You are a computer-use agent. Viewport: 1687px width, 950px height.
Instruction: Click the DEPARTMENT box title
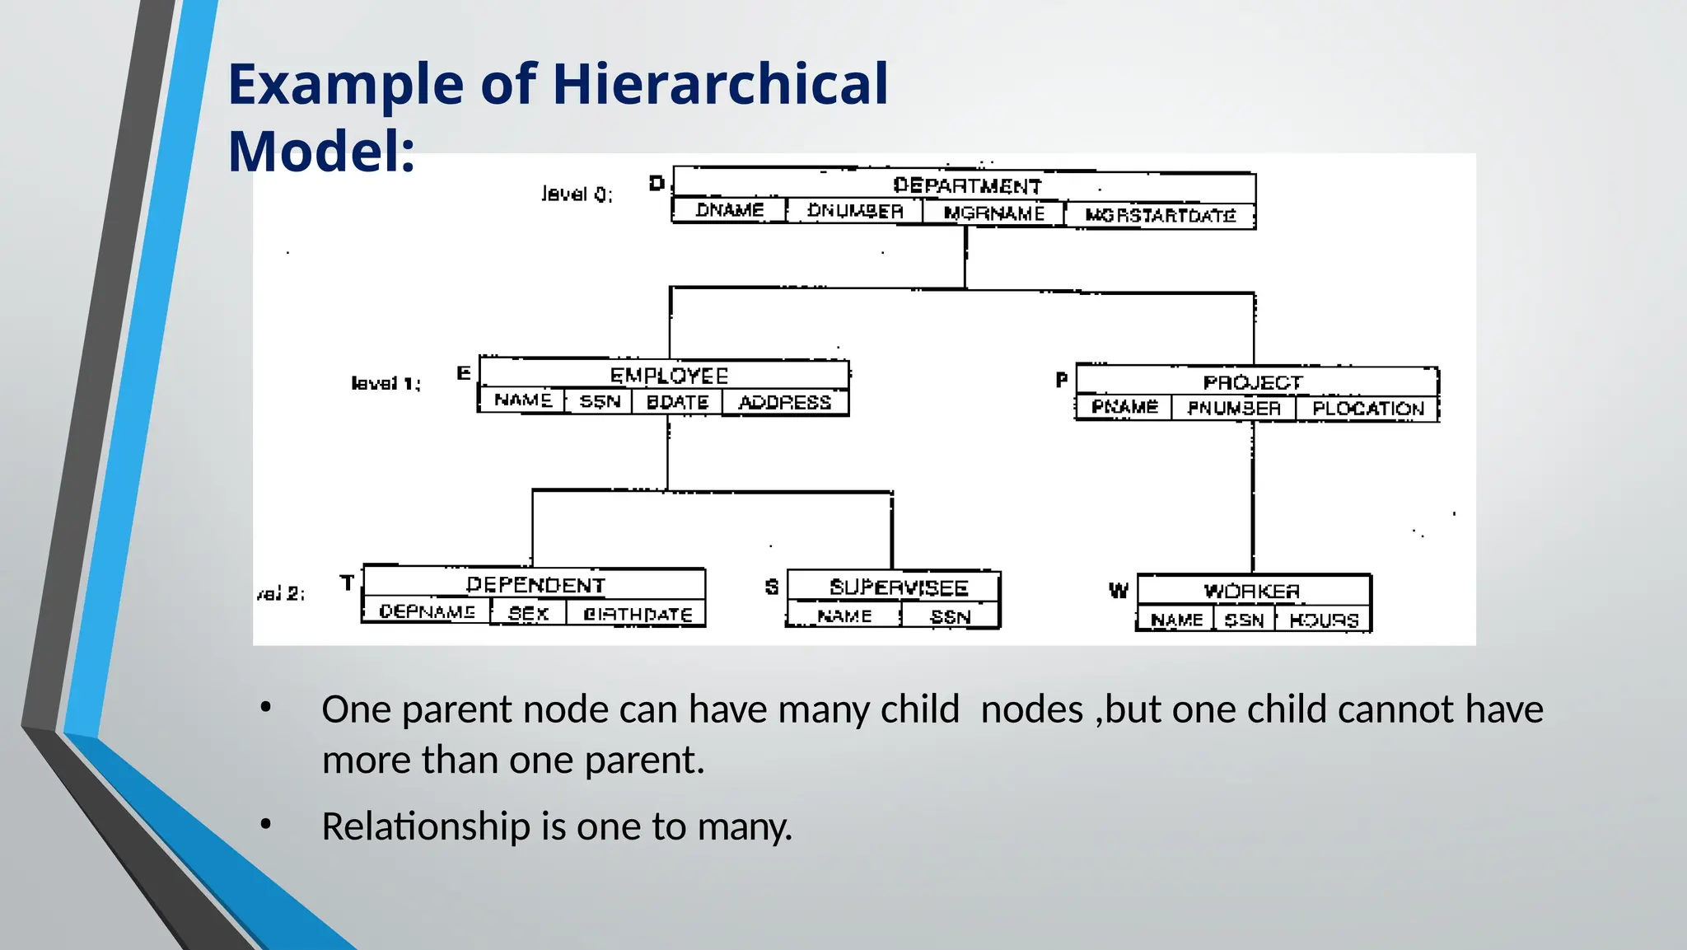pos(967,185)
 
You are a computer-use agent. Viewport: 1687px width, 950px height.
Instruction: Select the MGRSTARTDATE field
pos(1160,216)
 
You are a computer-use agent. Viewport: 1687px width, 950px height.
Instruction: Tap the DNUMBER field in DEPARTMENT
pos(855,211)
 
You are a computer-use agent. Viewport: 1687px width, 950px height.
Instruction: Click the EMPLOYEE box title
pos(669,376)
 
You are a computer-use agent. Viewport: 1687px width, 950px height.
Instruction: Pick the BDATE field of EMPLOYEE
pos(677,402)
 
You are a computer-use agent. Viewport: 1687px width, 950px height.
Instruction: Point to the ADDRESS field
pos(784,402)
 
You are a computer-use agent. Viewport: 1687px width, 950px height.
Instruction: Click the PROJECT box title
pos(1253,382)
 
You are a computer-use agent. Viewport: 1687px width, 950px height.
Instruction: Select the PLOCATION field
pos(1367,409)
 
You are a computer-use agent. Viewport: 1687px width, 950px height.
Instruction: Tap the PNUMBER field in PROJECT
pos(1233,408)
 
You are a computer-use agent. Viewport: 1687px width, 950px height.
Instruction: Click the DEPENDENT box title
pos(535,585)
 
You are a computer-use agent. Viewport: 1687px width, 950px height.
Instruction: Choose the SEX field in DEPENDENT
pos(528,614)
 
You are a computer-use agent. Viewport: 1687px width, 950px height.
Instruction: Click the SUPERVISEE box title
pos(898,587)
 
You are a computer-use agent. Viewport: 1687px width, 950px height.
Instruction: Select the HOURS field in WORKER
pos(1323,620)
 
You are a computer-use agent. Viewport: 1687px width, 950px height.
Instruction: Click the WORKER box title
pos(1251,592)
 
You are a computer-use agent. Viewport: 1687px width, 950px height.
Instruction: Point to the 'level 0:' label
pos(577,194)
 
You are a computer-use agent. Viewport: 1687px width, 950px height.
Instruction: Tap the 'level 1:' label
pos(386,383)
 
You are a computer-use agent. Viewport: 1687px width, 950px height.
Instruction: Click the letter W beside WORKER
pos(1118,591)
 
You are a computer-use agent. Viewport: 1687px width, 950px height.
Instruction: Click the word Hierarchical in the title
pos(720,84)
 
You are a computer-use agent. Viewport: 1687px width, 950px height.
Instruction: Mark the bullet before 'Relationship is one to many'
pos(265,824)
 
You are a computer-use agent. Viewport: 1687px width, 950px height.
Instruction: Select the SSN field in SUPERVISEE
pos(950,617)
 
